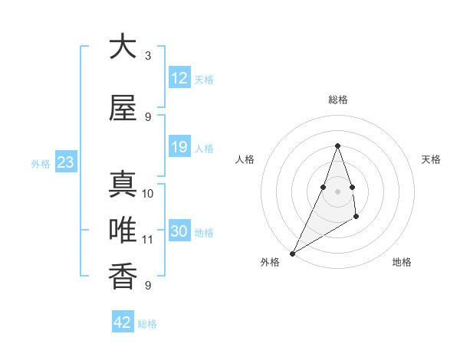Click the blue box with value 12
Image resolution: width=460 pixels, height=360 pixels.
pos(179,78)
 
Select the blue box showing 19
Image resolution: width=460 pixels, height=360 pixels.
pos(179,147)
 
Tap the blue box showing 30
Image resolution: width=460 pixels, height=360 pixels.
pos(179,231)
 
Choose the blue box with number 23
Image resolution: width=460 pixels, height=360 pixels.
pos(65,162)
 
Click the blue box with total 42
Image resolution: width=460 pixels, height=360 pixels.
pos(123,322)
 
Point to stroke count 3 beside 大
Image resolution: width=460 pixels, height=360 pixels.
pos(148,56)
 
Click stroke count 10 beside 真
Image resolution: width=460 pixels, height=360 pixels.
pos(148,193)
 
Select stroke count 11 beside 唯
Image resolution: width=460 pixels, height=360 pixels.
pos(148,239)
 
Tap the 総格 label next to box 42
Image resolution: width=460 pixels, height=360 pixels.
pos(147,324)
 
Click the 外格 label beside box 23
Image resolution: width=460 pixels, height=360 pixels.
pos(41,163)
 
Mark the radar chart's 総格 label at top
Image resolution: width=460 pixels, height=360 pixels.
pos(337,100)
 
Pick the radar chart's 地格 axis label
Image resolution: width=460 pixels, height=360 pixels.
pos(402,262)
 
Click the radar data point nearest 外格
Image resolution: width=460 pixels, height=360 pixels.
pos(292,254)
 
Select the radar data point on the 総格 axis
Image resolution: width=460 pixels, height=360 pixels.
pos(337,146)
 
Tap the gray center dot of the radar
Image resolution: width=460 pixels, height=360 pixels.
pos(337,191)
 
